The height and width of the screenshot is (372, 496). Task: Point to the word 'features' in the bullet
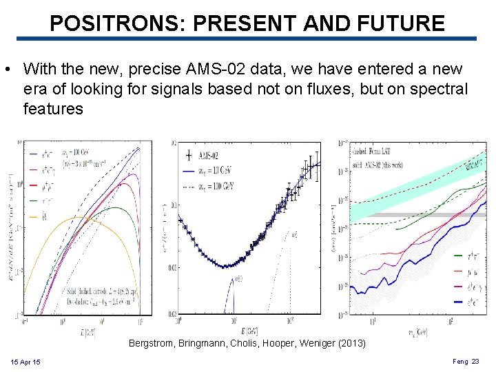tap(53, 110)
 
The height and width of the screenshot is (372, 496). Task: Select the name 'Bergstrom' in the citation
tap(152, 343)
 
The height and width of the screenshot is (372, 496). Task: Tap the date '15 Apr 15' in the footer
tap(25, 362)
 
